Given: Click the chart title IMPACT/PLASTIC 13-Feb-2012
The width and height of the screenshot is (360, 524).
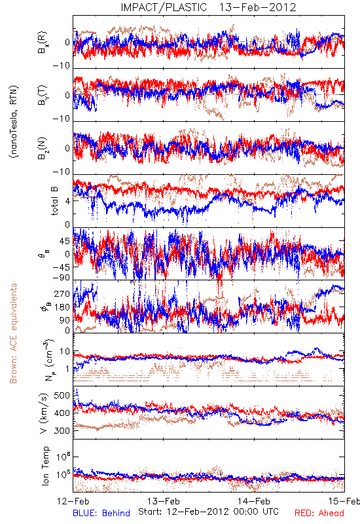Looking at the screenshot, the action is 208,7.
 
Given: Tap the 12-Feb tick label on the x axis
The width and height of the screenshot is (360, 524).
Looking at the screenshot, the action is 73,501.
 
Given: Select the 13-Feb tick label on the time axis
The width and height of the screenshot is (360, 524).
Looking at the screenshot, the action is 164,501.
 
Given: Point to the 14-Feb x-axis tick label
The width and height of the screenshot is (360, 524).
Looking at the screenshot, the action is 254,501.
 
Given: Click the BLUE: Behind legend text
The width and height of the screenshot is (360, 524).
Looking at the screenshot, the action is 101,513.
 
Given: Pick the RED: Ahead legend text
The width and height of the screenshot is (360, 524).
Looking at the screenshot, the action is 319,513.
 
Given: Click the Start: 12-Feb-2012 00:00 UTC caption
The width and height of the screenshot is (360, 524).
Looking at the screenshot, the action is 209,512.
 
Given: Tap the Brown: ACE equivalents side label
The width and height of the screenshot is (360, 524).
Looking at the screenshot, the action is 13,333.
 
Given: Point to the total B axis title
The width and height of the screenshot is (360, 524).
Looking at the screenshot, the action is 54,200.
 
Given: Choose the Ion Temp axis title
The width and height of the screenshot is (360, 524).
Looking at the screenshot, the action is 45,466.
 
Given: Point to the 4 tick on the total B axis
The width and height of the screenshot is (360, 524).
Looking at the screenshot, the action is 67,201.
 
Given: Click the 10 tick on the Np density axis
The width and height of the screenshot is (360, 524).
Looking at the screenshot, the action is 65,352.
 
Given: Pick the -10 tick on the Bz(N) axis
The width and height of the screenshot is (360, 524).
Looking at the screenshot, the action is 62,172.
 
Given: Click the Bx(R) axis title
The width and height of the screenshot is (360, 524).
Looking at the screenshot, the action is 43,43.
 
